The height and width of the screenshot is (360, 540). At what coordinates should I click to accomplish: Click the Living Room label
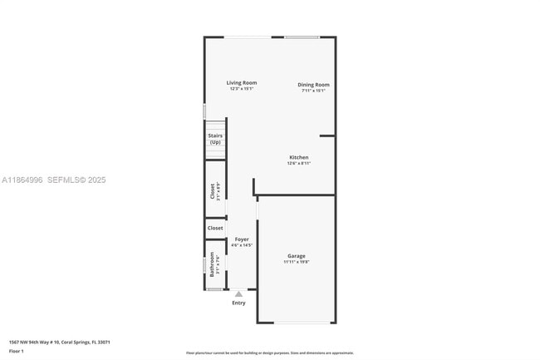pyautogui.click(x=242, y=82)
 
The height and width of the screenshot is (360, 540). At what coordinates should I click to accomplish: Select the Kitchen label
pyautogui.click(x=298, y=157)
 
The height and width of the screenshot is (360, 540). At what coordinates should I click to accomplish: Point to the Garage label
pyautogui.click(x=297, y=255)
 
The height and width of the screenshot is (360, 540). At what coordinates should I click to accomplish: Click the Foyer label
pyautogui.click(x=241, y=239)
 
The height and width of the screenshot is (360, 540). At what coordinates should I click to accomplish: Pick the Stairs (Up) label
pyautogui.click(x=215, y=139)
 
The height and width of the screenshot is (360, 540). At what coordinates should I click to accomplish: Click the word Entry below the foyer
pyautogui.click(x=238, y=303)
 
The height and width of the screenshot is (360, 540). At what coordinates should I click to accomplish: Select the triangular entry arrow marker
pyautogui.click(x=238, y=293)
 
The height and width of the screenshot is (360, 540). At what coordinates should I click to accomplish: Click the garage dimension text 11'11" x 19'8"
pyautogui.click(x=297, y=262)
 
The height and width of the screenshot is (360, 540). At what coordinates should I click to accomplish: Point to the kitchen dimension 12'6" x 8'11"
pyautogui.click(x=298, y=164)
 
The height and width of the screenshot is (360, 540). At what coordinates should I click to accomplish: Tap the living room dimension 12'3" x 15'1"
pyautogui.click(x=242, y=89)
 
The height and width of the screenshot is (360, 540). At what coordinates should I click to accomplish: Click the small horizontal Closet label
pyautogui.click(x=215, y=227)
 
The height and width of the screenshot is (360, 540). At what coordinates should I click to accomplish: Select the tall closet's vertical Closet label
pyautogui.click(x=212, y=191)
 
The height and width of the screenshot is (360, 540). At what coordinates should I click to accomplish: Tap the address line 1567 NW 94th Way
pyautogui.click(x=59, y=342)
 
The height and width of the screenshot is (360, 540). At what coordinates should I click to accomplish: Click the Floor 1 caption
pyautogui.click(x=16, y=352)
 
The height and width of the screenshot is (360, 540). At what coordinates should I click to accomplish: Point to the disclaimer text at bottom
pyautogui.click(x=270, y=353)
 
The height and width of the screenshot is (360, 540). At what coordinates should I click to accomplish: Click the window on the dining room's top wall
pyautogui.click(x=302, y=37)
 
